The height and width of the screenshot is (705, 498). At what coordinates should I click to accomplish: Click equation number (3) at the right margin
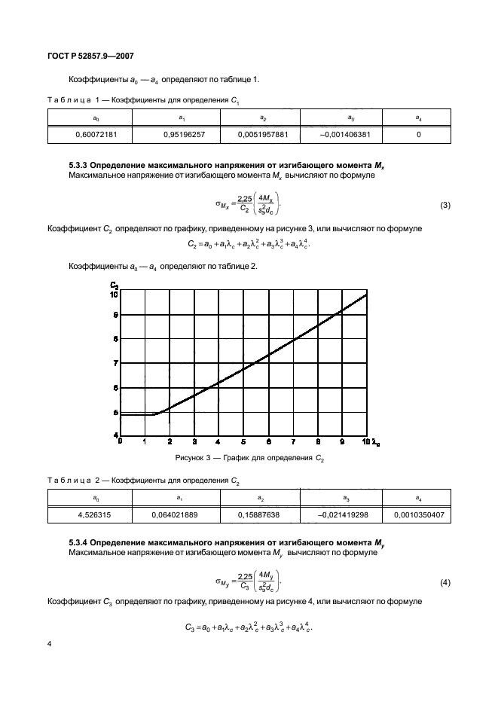pyautogui.click(x=445, y=205)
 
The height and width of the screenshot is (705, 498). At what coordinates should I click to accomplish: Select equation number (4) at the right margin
pyautogui.click(x=445, y=584)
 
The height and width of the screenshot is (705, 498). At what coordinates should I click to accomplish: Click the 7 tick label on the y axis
pyautogui.click(x=115, y=364)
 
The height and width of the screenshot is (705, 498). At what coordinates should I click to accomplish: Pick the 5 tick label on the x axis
pyautogui.click(x=243, y=441)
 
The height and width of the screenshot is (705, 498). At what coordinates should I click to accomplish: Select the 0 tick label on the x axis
pyautogui.click(x=121, y=441)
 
